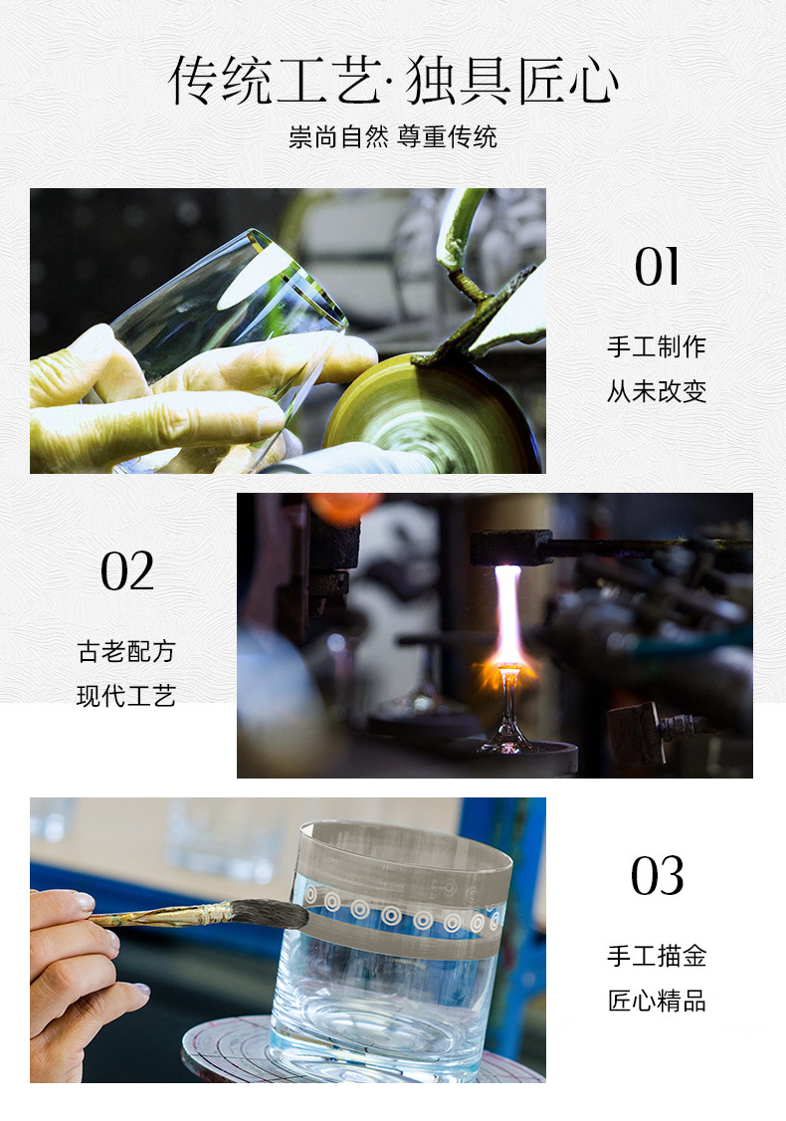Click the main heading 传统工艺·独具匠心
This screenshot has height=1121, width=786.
[x=393, y=81]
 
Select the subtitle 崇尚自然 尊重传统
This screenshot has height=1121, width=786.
[x=393, y=136]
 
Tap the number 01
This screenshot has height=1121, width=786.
[x=657, y=268]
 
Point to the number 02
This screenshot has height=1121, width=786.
[x=127, y=571]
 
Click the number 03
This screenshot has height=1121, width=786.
[x=658, y=876]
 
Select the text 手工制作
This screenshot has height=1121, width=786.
[x=657, y=346]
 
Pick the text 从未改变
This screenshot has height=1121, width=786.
[x=657, y=391]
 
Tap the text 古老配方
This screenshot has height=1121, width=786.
[x=126, y=651]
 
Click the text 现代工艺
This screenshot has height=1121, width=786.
[x=126, y=696]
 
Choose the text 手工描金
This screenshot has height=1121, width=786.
[x=657, y=956]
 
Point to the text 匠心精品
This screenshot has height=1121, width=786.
[x=657, y=1001]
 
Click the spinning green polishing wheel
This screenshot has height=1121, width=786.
[x=429, y=416]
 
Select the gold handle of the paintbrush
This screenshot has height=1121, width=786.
[x=161, y=915]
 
